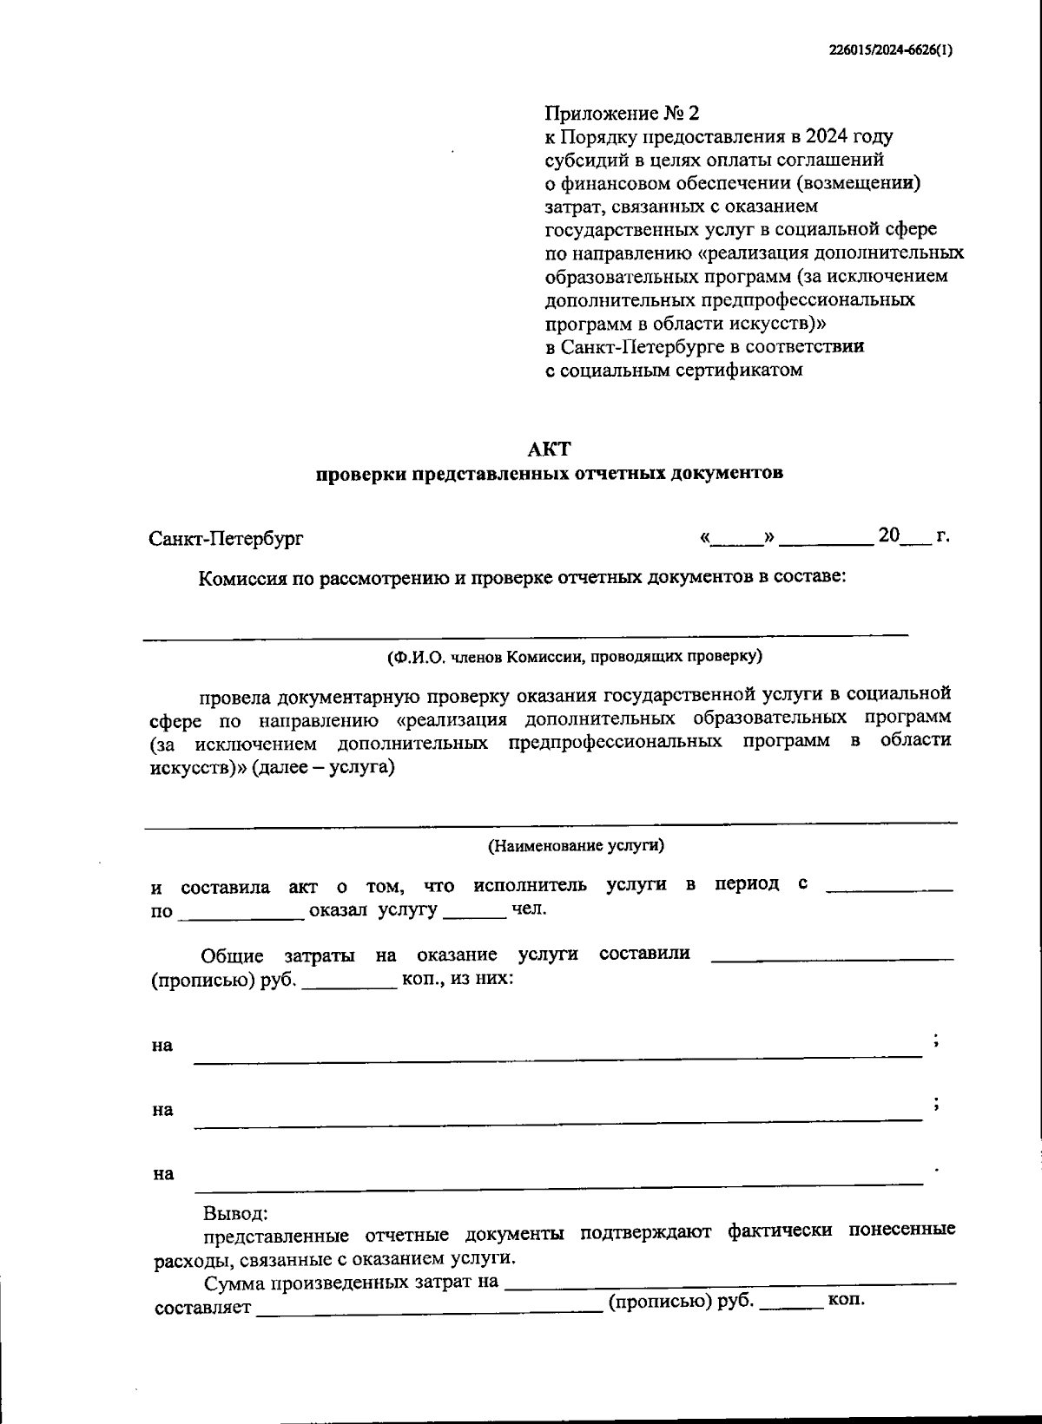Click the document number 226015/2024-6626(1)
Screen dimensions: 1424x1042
(x=889, y=50)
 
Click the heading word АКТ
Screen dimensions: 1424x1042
(x=549, y=449)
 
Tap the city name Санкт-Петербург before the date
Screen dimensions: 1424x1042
(x=226, y=538)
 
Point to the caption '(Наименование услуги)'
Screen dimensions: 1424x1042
(x=576, y=845)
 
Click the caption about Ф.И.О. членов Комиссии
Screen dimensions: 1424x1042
(x=574, y=657)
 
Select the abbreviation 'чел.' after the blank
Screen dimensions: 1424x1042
(x=529, y=909)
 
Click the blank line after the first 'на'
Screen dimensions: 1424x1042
(x=556, y=1055)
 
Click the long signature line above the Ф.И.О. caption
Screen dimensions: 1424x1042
(x=525, y=635)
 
